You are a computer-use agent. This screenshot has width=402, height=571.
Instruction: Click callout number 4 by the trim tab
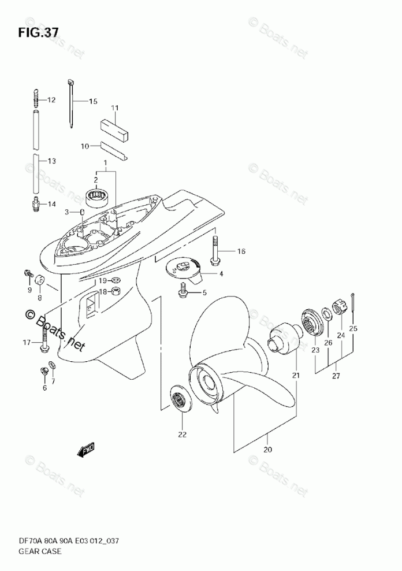(221, 273)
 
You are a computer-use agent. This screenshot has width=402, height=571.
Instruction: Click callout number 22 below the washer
(182, 435)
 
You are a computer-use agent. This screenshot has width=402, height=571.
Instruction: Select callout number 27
(336, 376)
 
